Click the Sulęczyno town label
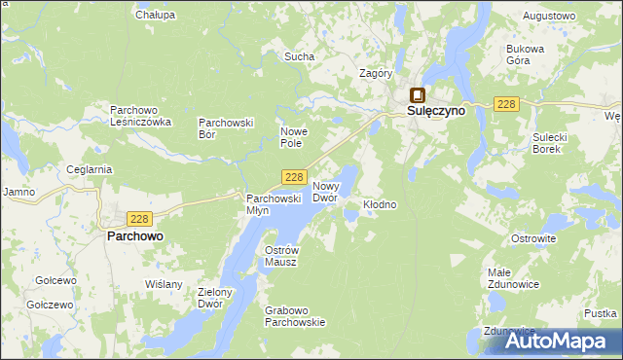click(436, 112)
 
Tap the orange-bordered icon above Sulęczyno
click(418, 95)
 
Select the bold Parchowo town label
click(134, 235)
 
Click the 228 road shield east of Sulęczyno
click(504, 105)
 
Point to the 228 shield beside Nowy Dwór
click(296, 176)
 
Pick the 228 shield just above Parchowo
click(139, 219)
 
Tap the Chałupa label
click(156, 15)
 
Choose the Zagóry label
click(376, 73)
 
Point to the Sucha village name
click(299, 56)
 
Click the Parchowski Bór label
click(226, 128)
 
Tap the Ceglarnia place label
click(90, 169)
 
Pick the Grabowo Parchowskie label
click(295, 317)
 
